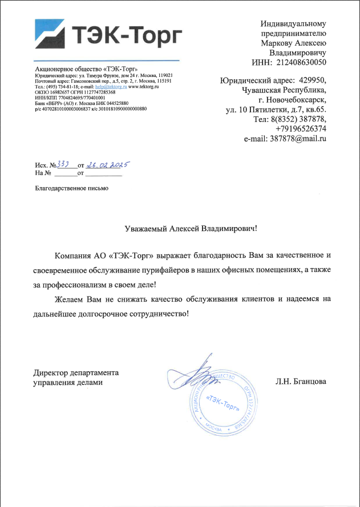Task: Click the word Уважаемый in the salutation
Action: pos(146,229)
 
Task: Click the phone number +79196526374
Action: pos(301,129)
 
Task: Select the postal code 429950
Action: pos(312,80)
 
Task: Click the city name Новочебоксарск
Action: pos(296,99)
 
